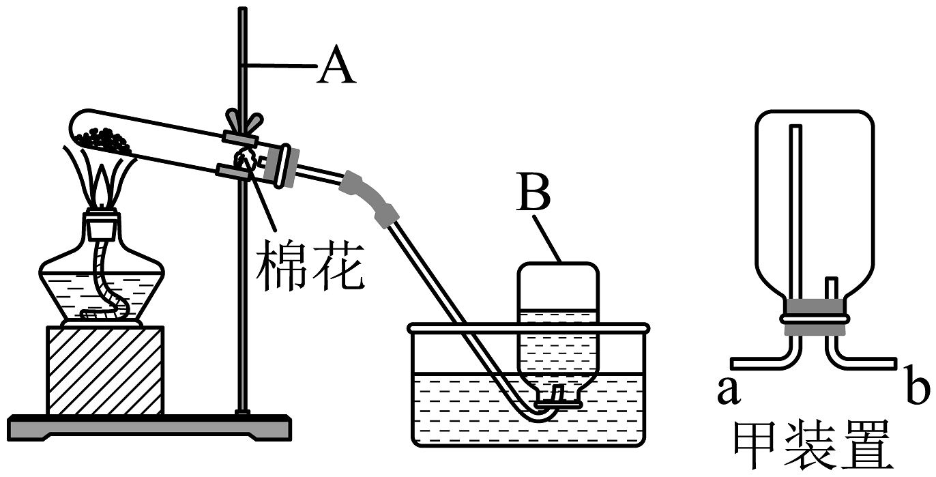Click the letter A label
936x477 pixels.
point(336,66)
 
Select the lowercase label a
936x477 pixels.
point(729,391)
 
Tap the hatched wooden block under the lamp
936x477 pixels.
point(104,371)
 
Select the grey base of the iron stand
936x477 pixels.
point(149,427)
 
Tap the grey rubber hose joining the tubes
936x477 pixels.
point(368,198)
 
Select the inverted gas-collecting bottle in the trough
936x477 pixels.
point(558,334)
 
